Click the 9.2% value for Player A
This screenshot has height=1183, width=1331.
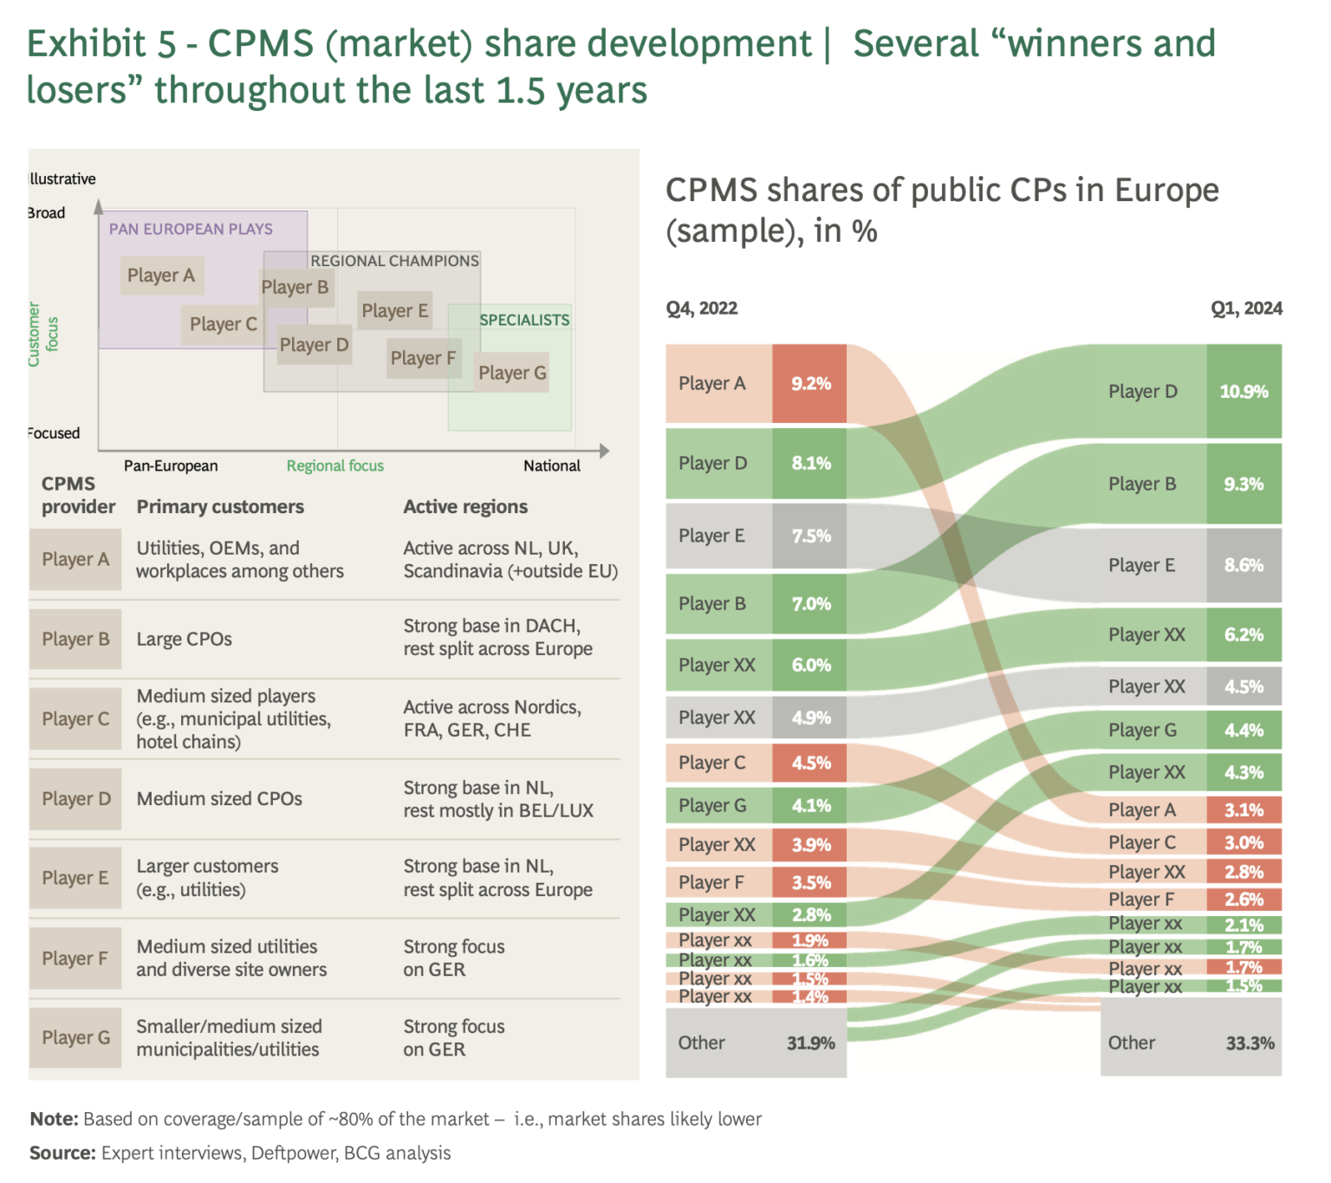click(810, 383)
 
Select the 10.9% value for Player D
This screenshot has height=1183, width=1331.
click(1243, 392)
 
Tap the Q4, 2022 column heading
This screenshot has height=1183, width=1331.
click(702, 309)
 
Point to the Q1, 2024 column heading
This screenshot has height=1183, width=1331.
click(1246, 309)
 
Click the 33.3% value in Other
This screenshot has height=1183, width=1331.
click(1250, 1043)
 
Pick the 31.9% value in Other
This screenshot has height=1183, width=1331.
click(810, 1043)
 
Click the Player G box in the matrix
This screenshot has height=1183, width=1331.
click(512, 373)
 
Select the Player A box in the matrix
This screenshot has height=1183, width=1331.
click(161, 276)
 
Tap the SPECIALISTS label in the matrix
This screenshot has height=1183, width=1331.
click(524, 320)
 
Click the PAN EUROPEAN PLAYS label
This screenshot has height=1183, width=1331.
click(191, 229)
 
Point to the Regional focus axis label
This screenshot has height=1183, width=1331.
click(334, 465)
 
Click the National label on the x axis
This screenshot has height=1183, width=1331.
click(552, 465)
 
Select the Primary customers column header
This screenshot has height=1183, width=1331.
click(220, 506)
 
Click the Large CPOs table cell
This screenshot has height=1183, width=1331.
click(185, 639)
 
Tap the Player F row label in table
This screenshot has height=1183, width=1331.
click(75, 958)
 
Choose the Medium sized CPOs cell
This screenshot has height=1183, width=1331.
click(219, 798)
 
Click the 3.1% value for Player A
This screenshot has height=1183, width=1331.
click(1243, 810)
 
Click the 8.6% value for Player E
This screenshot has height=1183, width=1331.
click(1243, 565)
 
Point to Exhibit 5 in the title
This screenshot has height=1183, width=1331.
click(101, 44)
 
